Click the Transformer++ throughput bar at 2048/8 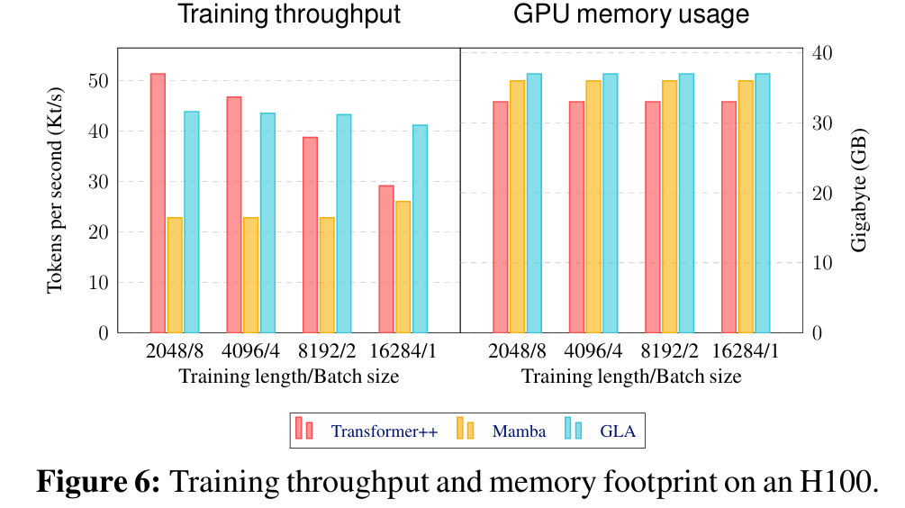[158, 203]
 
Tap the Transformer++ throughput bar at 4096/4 [234, 214]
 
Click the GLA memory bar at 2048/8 [534, 203]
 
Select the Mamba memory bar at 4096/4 [593, 206]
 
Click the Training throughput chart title [289, 15]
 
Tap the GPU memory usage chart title [631, 15]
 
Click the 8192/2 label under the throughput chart [327, 351]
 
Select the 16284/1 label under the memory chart [746, 351]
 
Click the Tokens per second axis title [56, 191]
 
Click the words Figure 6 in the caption [97, 482]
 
